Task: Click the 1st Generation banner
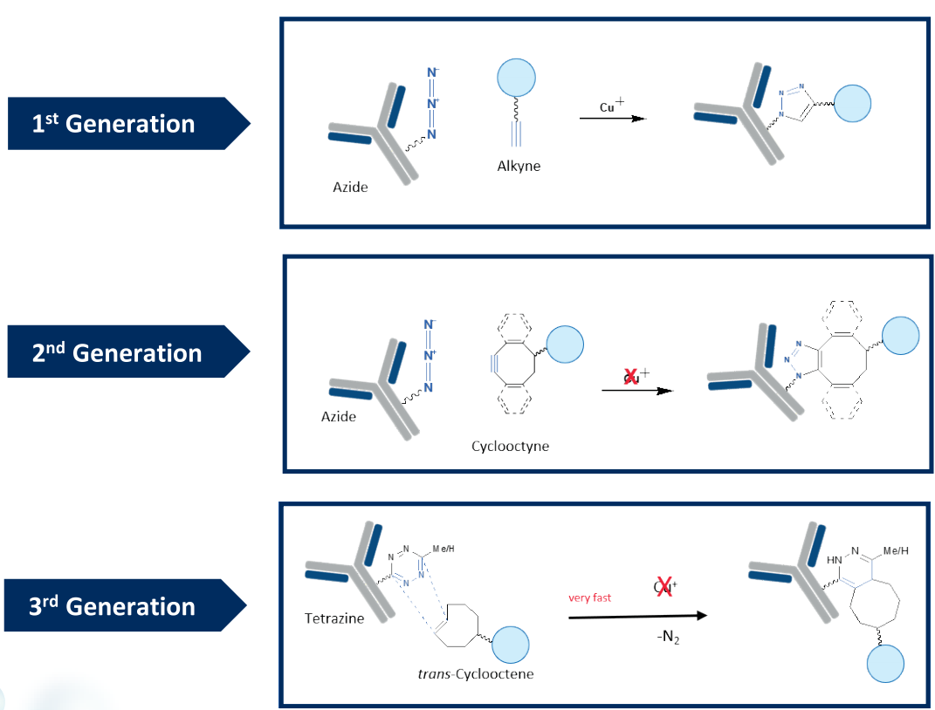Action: click(113, 124)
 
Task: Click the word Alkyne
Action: click(519, 166)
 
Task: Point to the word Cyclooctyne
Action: click(510, 447)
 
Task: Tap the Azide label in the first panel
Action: click(350, 187)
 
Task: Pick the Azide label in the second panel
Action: click(339, 417)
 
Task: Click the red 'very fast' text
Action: click(591, 597)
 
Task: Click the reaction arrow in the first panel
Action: click(612, 118)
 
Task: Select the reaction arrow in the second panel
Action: click(637, 391)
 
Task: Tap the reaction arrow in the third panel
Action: click(637, 616)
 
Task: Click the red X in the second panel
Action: click(630, 376)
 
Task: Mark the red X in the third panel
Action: click(664, 586)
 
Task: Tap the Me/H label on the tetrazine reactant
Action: click(444, 550)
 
